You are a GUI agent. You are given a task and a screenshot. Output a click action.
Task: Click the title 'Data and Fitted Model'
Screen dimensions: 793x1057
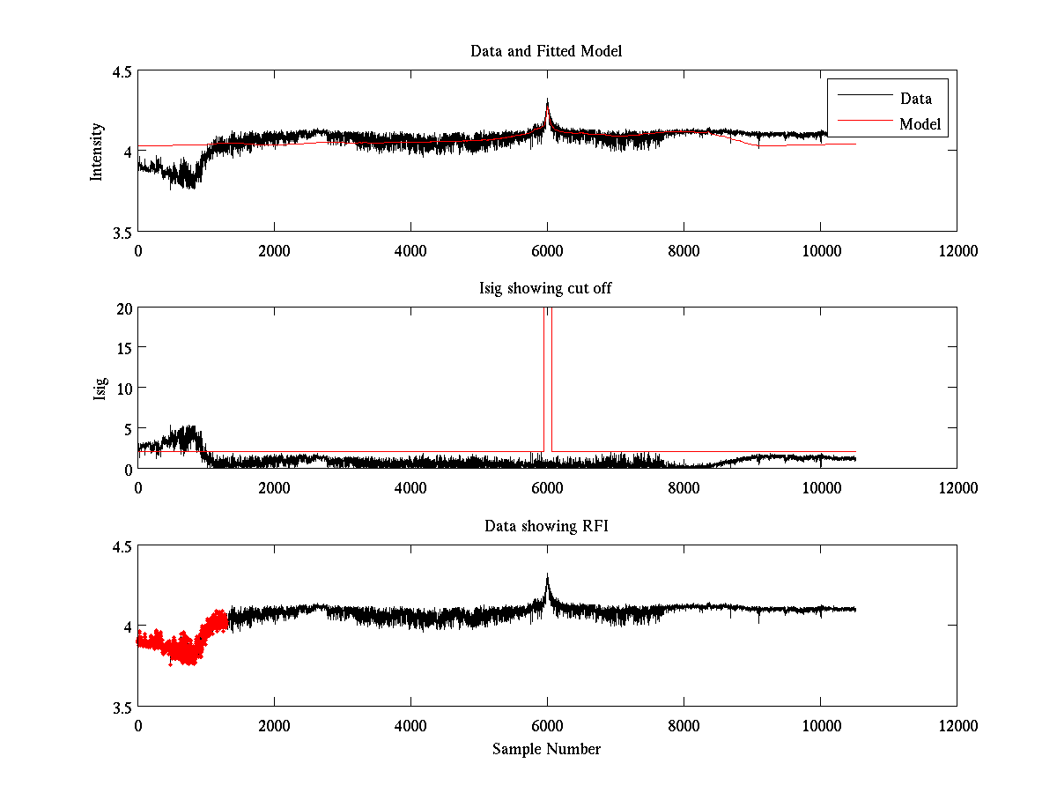(x=546, y=51)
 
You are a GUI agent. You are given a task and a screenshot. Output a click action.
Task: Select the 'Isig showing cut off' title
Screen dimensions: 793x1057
(x=546, y=289)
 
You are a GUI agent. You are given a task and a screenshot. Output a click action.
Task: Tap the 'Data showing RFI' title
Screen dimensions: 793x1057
(x=546, y=526)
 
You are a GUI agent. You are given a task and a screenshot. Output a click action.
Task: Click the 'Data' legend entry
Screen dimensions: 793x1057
(x=915, y=98)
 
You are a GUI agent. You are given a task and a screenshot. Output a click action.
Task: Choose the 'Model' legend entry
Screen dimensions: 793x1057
(x=920, y=124)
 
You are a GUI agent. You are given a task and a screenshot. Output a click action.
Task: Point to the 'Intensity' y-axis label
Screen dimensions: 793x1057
(x=97, y=152)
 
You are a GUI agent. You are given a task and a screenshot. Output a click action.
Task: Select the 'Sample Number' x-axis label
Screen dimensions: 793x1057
(x=546, y=749)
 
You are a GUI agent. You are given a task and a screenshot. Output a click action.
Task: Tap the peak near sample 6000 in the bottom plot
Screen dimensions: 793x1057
(x=547, y=578)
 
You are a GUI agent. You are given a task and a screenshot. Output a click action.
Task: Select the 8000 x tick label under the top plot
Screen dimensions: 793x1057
(x=684, y=250)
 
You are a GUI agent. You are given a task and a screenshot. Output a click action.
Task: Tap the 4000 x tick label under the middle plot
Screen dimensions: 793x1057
(x=410, y=487)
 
